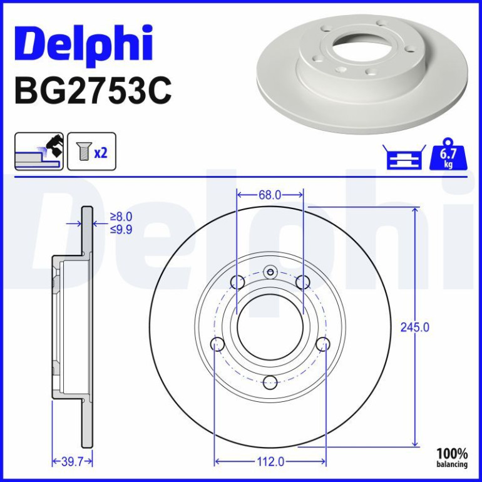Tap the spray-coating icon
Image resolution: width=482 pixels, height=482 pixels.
click(x=39, y=151)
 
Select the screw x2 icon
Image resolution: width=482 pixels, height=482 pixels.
click(x=91, y=151)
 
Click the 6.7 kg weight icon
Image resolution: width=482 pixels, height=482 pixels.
click(x=448, y=155)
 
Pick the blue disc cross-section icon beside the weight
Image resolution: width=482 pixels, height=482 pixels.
click(x=404, y=156)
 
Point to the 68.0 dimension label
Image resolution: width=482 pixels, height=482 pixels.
click(x=270, y=195)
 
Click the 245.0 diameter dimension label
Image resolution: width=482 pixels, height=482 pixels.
click(x=414, y=327)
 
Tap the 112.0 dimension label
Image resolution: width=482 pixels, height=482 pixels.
click(x=270, y=461)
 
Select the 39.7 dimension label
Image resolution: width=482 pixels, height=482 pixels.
click(x=72, y=461)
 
